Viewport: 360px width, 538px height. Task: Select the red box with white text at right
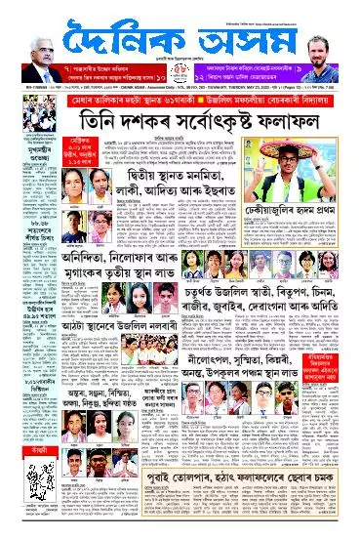(x=338, y=392)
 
